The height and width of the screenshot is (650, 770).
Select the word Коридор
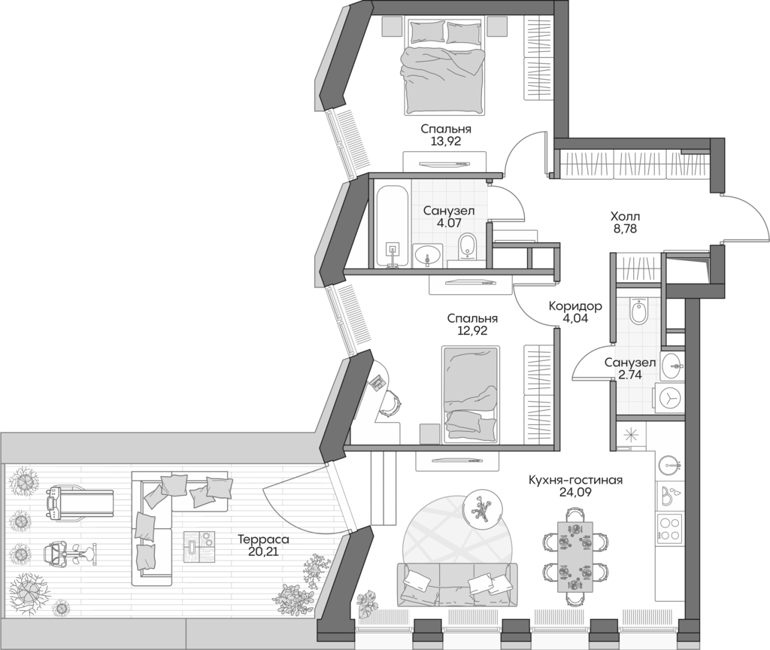575,306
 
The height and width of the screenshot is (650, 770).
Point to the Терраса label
263,539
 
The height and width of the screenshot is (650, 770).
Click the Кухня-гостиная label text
575,480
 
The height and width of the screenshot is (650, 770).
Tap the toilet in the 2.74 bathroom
638,311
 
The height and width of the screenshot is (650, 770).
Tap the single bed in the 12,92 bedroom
471,393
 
